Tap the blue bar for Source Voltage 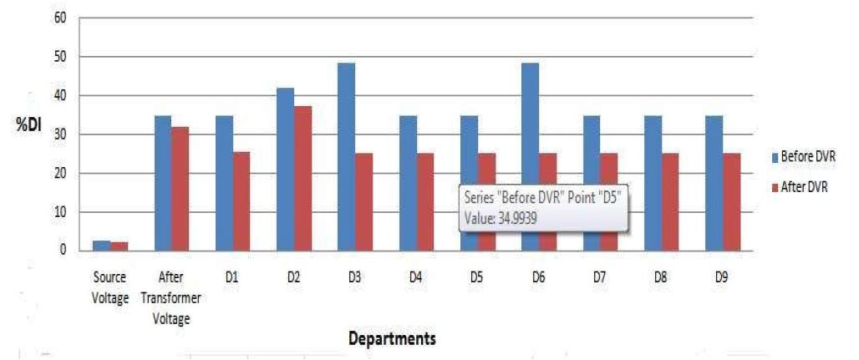pos(101,246)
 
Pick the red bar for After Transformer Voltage pos(180,188)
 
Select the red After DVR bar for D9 pos(731,201)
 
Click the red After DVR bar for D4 pos(425,201)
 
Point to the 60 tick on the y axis pos(60,18)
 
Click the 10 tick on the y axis pos(60,211)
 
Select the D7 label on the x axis pos(599,276)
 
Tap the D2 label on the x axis pos(292,276)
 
